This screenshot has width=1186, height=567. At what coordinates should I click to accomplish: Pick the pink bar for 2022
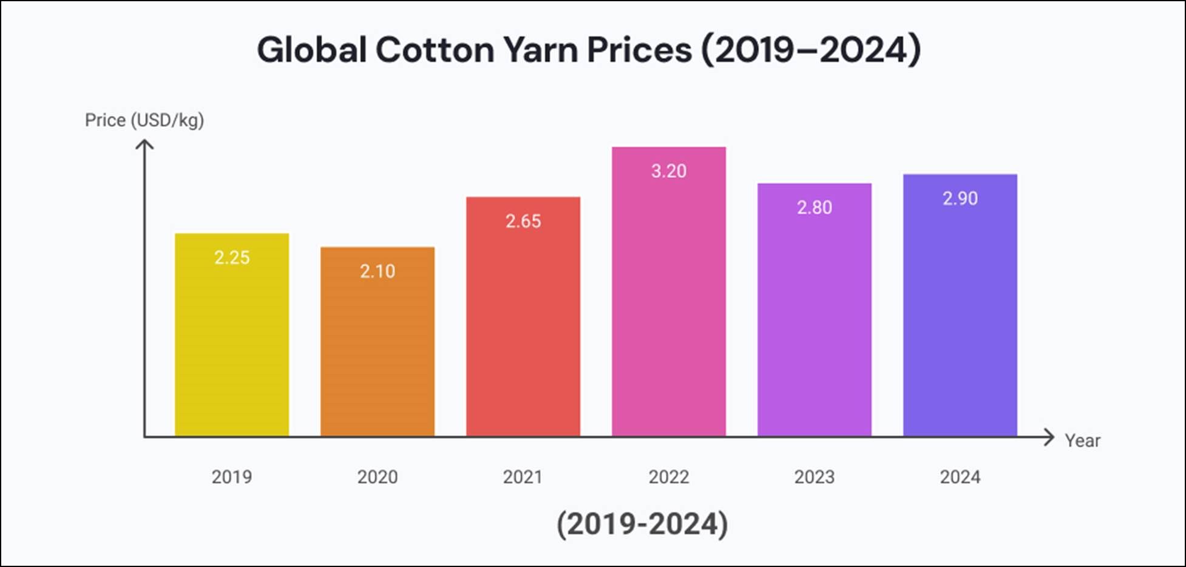pyautogui.click(x=669, y=304)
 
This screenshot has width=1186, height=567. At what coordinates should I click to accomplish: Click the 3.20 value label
pyautogui.click(x=669, y=171)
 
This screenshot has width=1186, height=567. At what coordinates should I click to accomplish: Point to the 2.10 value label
pyautogui.click(x=378, y=271)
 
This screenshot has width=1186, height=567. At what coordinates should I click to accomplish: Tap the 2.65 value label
pyautogui.click(x=523, y=221)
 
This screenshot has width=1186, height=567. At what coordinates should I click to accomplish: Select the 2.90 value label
pyautogui.click(x=960, y=199)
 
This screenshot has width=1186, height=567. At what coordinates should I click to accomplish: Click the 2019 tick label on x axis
pyautogui.click(x=232, y=477)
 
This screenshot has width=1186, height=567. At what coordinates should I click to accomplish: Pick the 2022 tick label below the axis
pyautogui.click(x=669, y=477)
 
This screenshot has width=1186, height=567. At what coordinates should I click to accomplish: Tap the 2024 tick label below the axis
pyautogui.click(x=960, y=477)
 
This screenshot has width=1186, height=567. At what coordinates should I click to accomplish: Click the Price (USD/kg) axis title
pyautogui.click(x=144, y=120)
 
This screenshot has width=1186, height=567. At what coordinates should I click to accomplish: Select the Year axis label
pyautogui.click(x=1082, y=441)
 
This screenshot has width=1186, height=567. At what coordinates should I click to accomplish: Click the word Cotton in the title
pyautogui.click(x=435, y=50)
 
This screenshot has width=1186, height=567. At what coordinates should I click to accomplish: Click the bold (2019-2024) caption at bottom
pyautogui.click(x=642, y=524)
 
